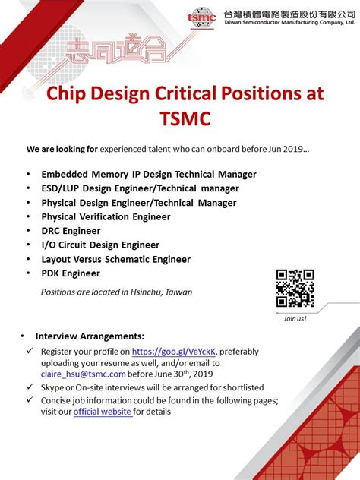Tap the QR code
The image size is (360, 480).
(295, 289)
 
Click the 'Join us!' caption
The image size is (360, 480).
(295, 318)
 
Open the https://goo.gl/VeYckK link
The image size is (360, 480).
(174, 352)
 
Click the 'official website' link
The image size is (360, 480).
(103, 412)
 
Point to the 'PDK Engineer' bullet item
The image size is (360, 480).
(71, 273)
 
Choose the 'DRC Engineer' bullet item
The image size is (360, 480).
(71, 231)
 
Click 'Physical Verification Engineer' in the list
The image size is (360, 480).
(106, 216)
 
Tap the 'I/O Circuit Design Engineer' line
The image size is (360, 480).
(100, 245)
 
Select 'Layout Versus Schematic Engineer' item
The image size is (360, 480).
(115, 259)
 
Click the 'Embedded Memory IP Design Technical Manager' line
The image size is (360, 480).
(149, 174)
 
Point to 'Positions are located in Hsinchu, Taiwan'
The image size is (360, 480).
(116, 292)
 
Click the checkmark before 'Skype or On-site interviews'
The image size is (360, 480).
(30, 387)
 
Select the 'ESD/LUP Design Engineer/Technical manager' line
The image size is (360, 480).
(140, 188)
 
